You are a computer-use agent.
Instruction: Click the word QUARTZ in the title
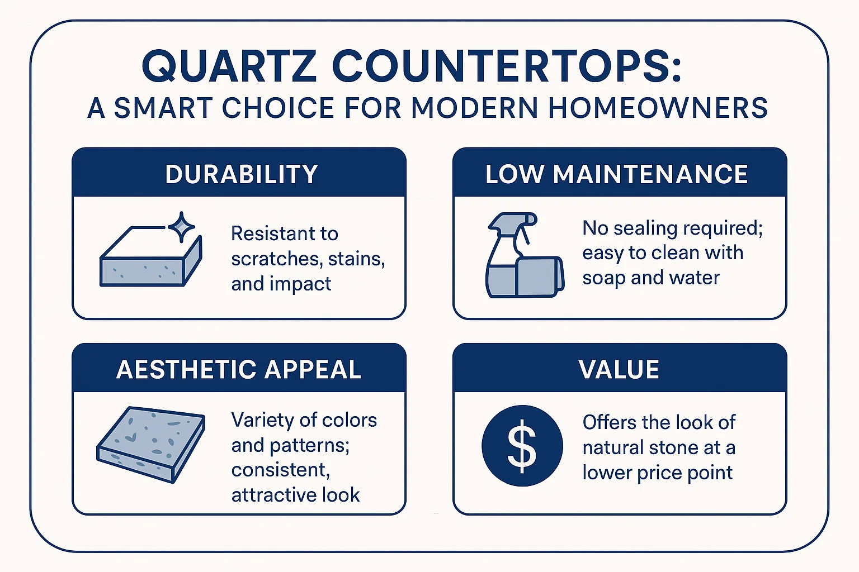229,66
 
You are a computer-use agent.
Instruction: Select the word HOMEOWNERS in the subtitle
658,108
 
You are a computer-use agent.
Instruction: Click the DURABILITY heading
242,174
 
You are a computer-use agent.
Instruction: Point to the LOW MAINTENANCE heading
616,174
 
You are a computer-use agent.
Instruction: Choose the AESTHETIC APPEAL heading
239,370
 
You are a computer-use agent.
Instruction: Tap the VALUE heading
619,370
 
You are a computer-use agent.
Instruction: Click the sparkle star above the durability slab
182,227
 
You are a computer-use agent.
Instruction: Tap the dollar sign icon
522,446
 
